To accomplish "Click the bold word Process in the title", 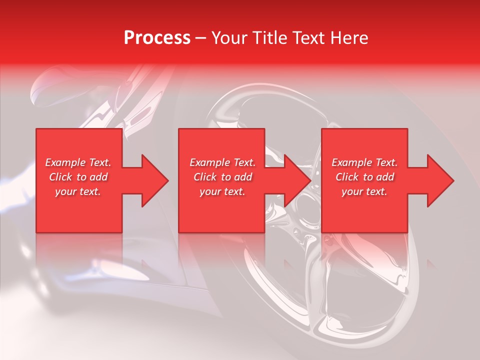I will (x=157, y=38).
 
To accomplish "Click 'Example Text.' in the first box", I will (x=78, y=162).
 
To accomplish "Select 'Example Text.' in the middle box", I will (x=222, y=162).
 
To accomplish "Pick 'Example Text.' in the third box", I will (x=364, y=162).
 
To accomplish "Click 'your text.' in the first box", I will (x=78, y=191).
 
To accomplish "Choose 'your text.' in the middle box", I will (x=222, y=191).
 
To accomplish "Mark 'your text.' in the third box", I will (x=364, y=191).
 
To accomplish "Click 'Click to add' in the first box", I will (x=78, y=177).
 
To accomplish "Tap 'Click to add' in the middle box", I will (x=222, y=177).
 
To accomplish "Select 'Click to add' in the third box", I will (x=364, y=177).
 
